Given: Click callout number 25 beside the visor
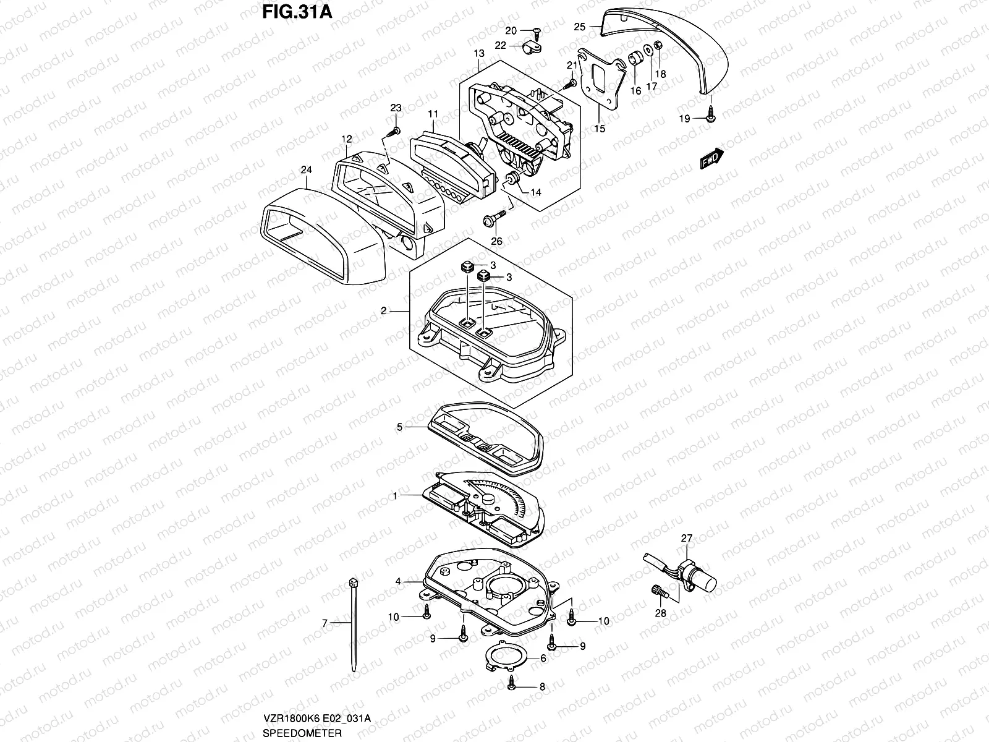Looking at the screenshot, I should [x=579, y=27].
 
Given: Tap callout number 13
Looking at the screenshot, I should [x=479, y=54].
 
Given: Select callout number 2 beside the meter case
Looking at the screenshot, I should [x=384, y=311].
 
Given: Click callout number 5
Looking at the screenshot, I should [x=400, y=427].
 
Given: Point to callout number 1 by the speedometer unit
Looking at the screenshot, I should [x=396, y=495].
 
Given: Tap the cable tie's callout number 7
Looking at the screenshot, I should [x=325, y=623].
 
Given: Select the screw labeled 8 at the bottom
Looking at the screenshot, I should [x=512, y=684].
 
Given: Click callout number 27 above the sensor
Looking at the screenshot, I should [x=687, y=538].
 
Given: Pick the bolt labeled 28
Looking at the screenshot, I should [x=658, y=591].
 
